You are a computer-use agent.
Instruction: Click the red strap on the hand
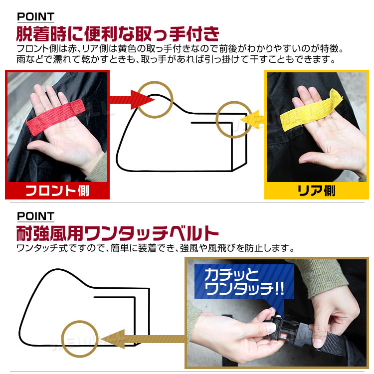(56, 116)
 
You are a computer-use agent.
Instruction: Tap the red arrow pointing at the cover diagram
(132, 100)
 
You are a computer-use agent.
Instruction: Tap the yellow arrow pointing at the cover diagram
(252, 120)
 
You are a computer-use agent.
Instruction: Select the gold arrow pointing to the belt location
(143, 339)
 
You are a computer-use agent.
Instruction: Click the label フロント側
(57, 191)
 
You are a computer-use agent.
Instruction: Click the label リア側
(317, 191)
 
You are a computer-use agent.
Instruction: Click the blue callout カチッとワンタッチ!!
(244, 282)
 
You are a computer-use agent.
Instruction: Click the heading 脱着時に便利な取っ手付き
(118, 34)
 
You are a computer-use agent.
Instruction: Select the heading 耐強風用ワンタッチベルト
(117, 233)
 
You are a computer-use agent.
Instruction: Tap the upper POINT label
(36, 16)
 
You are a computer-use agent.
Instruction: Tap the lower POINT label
(36, 216)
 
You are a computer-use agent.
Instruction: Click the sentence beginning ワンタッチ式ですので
(156, 248)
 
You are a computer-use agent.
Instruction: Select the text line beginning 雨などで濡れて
(176, 59)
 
